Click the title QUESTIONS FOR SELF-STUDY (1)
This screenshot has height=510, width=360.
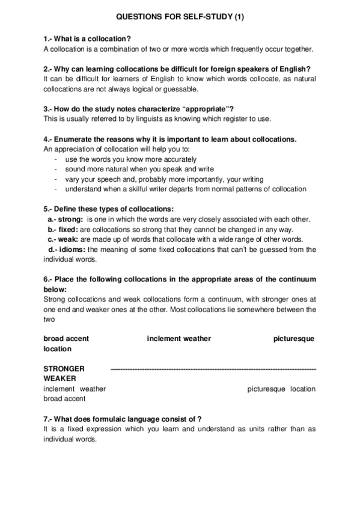[180, 18]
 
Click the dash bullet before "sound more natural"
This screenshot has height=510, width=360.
[55, 170]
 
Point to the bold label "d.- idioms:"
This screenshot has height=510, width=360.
[67, 250]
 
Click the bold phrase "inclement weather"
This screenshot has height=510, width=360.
[178, 339]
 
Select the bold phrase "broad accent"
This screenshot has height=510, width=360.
[66, 339]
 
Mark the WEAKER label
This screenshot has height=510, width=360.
[59, 378]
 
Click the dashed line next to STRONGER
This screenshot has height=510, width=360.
[214, 368]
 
